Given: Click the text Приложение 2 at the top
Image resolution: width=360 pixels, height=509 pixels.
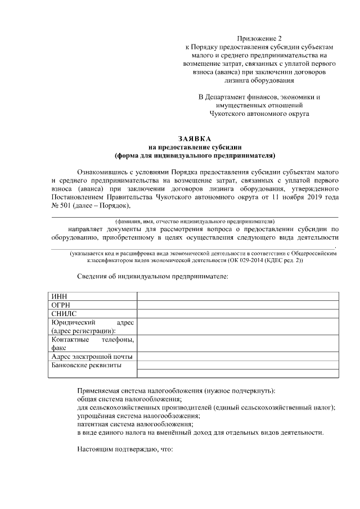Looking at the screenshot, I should click(x=259, y=38).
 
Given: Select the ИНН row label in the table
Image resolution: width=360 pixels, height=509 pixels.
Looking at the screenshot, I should click(x=58, y=296).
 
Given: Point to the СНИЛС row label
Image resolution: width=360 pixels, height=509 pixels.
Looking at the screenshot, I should click(x=64, y=314).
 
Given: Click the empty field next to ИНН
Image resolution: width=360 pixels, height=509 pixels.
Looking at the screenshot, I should click(x=237, y=296).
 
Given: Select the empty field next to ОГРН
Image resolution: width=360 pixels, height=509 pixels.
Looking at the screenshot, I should click(x=237, y=305).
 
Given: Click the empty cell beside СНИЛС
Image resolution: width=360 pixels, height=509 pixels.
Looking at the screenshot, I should click(x=237, y=314).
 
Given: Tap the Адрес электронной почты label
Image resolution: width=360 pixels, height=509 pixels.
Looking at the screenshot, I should click(x=92, y=357).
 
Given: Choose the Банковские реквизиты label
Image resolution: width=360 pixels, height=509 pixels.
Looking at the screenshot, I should click(x=85, y=366).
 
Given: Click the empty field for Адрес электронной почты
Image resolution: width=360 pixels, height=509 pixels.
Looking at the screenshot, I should click(x=237, y=357).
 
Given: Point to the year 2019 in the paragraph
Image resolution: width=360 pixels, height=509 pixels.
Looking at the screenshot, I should click(x=306, y=197).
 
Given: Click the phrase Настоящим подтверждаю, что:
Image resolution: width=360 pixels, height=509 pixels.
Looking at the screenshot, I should click(x=124, y=450).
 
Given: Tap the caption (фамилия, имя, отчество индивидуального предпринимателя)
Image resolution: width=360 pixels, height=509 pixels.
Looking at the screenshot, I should click(x=195, y=222).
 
